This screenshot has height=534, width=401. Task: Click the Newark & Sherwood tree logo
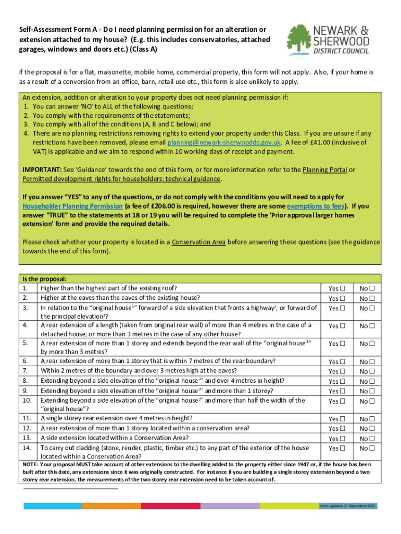[300, 39]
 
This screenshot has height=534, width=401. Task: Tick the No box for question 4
[372, 326]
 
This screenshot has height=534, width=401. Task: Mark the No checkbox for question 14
[372, 448]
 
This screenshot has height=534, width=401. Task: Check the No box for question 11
[372, 419]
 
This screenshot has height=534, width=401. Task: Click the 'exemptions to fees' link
[316, 206]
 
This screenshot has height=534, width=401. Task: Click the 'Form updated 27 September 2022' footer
[347, 506]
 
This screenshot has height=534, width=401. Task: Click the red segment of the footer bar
[171, 506]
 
